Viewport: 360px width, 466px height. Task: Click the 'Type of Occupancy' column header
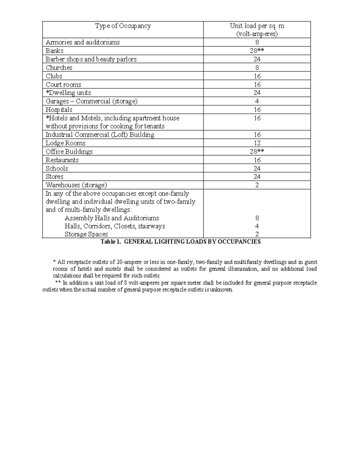point(123,26)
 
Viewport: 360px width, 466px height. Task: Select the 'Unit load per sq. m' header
point(257,26)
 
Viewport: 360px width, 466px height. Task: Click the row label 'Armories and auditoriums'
point(82,42)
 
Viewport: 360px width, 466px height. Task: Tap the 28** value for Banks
point(257,51)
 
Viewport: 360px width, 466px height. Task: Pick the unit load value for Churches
point(257,68)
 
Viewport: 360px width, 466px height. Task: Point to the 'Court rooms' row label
point(63,85)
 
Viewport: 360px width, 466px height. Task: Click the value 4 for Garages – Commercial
point(257,101)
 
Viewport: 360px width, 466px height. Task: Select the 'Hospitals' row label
point(59,110)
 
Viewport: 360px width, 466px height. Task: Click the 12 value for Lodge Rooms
point(257,143)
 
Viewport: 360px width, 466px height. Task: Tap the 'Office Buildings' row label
point(69,152)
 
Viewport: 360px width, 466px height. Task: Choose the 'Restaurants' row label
point(62,160)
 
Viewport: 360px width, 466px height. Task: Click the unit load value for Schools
point(257,168)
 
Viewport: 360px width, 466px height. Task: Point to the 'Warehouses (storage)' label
point(76,185)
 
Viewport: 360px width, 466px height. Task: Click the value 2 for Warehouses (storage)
point(257,185)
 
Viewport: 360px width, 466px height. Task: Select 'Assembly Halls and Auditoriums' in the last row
point(112,218)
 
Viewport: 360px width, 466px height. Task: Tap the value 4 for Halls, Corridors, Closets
point(257,226)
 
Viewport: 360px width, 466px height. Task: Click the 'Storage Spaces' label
point(86,234)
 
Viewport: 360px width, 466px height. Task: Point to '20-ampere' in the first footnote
point(127,262)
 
